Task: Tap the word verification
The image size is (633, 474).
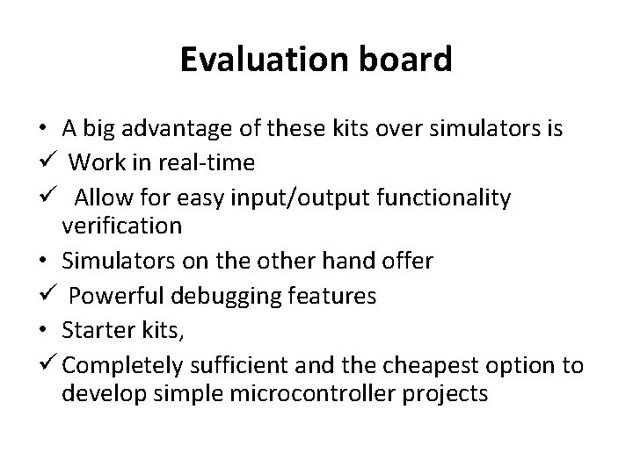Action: click(122, 226)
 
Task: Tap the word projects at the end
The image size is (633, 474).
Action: click(446, 392)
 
